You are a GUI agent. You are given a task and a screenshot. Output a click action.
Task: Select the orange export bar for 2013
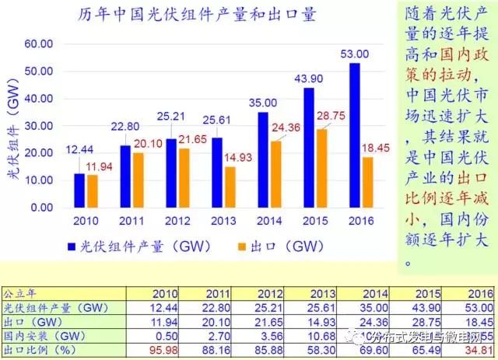click(x=230, y=187)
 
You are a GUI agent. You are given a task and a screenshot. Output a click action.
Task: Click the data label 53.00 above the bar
click(x=354, y=54)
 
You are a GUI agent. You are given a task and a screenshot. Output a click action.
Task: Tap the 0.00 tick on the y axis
click(x=41, y=208)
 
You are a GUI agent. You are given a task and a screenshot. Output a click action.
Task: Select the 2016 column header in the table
click(x=476, y=293)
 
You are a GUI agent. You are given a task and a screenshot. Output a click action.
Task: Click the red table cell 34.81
click(x=476, y=350)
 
